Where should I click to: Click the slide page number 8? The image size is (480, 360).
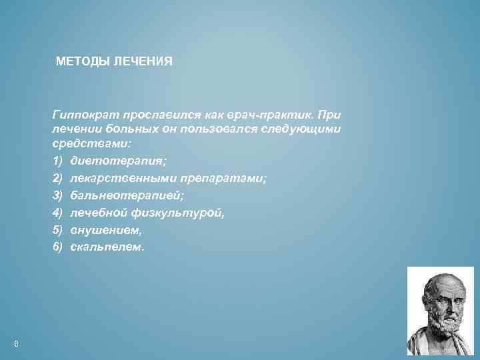15,343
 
